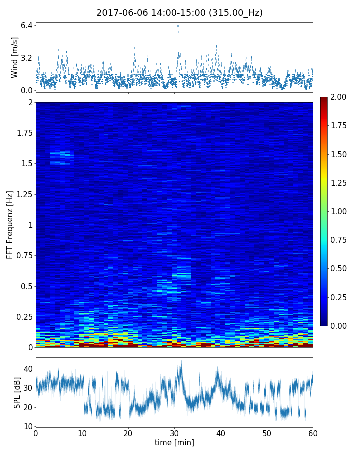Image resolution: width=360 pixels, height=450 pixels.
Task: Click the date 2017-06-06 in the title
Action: pos(120,13)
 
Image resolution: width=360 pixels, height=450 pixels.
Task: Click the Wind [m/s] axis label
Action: pos(15,57)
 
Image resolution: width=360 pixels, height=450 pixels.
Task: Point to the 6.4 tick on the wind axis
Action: pos(27,25)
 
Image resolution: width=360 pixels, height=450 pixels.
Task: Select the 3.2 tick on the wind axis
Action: pos(27,58)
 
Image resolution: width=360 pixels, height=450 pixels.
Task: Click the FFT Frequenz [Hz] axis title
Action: pos(10,224)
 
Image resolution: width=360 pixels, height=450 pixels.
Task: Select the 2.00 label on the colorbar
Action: pos(339,97)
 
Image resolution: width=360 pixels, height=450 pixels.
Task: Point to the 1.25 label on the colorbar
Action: pos(339,183)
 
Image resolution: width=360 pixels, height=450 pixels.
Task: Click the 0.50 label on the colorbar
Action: pos(339,268)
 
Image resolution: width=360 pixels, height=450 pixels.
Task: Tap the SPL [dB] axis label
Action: pos(18,392)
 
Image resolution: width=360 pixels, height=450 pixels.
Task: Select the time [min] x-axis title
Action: pos(174,443)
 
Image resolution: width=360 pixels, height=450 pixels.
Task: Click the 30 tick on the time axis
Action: pos(174,433)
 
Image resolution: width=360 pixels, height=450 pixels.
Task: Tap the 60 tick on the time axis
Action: pos(313,433)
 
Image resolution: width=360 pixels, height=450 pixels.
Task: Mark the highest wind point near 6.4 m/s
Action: pos(178,26)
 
